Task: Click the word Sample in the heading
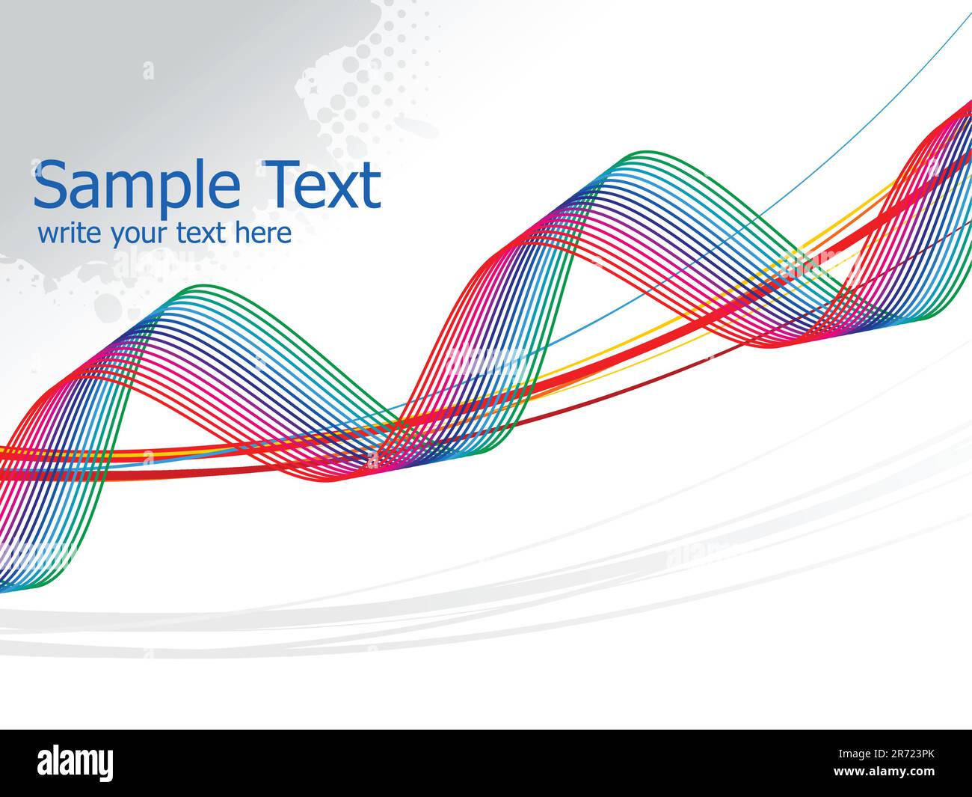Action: coord(136,186)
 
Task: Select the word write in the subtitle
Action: coord(70,233)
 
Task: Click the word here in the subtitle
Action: coord(263,233)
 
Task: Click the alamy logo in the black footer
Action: coord(76,763)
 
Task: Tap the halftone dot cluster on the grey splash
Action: coord(359,82)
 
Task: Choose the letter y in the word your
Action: coord(117,236)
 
